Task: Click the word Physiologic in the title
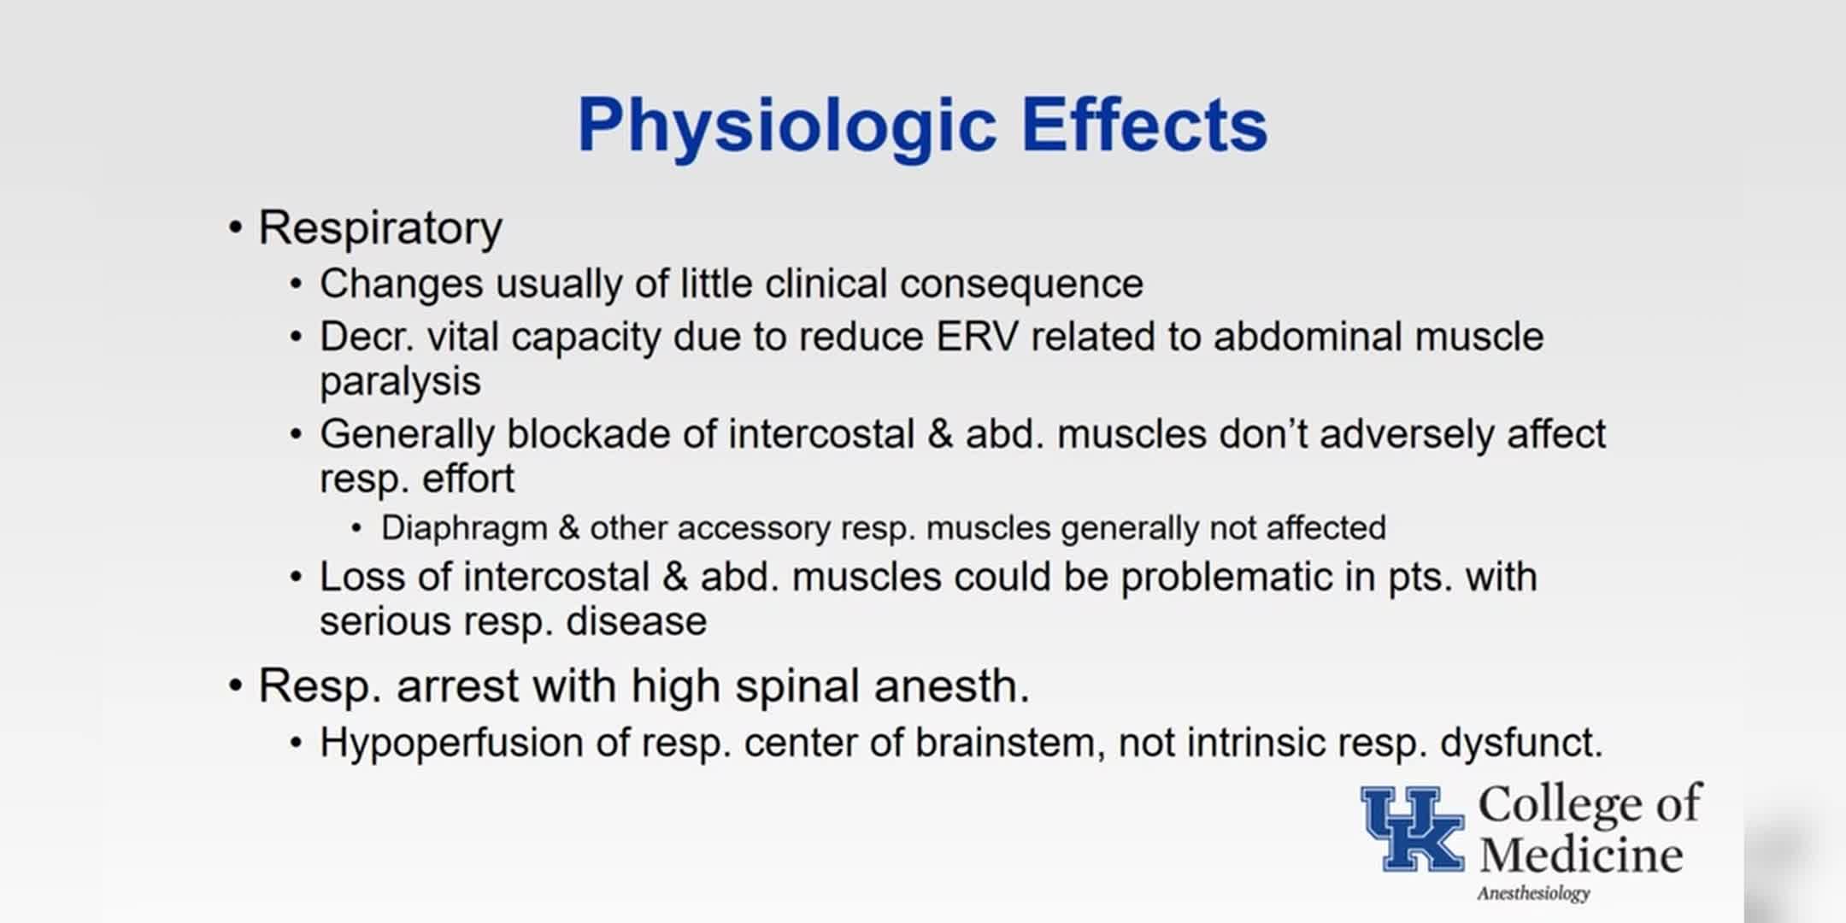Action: click(787, 126)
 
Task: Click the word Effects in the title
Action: click(1144, 125)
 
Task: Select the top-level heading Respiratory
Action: click(380, 229)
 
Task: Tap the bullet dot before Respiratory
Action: click(235, 228)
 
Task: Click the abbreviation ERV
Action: click(977, 337)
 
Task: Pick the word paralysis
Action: click(400, 382)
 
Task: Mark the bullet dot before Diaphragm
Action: click(356, 529)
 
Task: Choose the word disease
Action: click(637, 621)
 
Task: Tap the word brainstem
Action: click(1004, 743)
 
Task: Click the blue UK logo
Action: click(1413, 829)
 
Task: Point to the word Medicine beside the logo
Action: click(1581, 855)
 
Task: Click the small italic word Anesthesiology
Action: click(1533, 894)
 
